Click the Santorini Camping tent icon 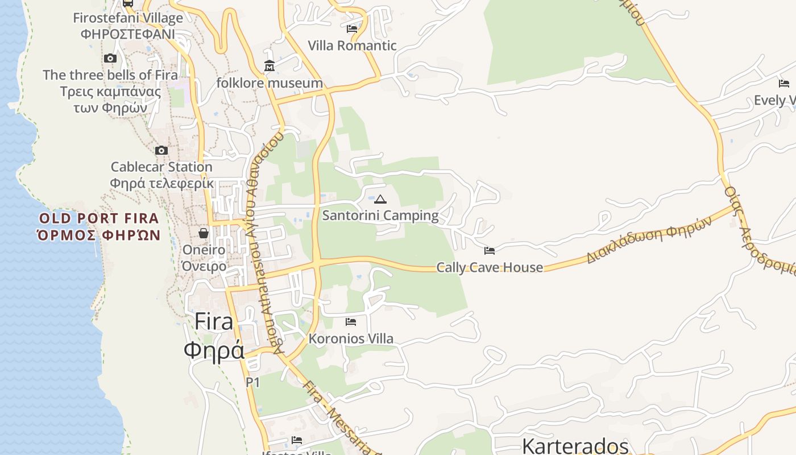coord(380,199)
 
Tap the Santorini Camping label coord(380,216)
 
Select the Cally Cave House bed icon coord(489,250)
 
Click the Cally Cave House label coord(490,267)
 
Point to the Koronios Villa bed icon coord(351,322)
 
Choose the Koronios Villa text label coord(351,339)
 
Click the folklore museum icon coord(270,66)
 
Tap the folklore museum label coord(270,83)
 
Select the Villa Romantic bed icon coord(352,28)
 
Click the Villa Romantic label coord(352,45)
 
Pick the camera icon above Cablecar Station coord(161,150)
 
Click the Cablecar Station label coord(161,167)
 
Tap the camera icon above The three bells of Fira coord(110,58)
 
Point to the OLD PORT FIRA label coord(99,218)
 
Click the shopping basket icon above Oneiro coord(204,233)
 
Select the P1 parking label coord(252,383)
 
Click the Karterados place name coord(575,446)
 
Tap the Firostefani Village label coord(128,18)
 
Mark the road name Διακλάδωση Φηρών coord(649,240)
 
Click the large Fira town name coord(214,322)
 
